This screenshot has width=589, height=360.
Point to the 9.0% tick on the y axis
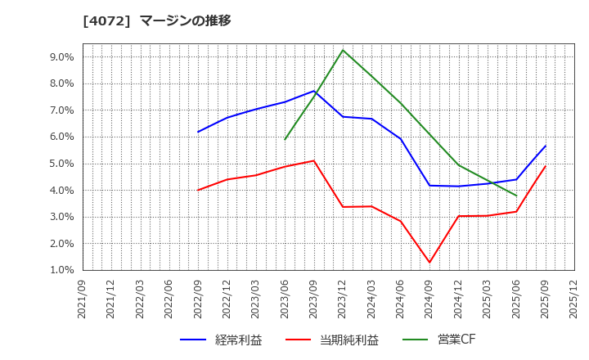pyautogui.click(x=62, y=57)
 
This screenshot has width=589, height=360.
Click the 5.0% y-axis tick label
pyautogui.click(x=62, y=164)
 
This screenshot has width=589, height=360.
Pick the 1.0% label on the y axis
pyautogui.click(x=62, y=270)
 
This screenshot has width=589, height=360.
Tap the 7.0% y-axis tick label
pyautogui.click(x=62, y=110)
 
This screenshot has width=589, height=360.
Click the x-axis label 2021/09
pyautogui.click(x=83, y=299)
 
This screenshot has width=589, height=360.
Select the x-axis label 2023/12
pyautogui.click(x=343, y=299)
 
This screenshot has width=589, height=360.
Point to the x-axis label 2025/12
pyautogui.click(x=574, y=299)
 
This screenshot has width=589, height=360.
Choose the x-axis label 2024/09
pyautogui.click(x=429, y=299)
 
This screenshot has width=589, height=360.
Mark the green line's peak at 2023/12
pyautogui.click(x=343, y=50)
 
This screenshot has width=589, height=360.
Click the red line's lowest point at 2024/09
pyautogui.click(x=429, y=263)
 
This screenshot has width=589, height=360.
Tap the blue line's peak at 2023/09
pyautogui.click(x=314, y=91)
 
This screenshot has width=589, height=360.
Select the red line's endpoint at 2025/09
pyautogui.click(x=546, y=166)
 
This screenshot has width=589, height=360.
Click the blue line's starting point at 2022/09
pyautogui.click(x=198, y=132)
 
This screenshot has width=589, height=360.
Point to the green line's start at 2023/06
pyautogui.click(x=285, y=139)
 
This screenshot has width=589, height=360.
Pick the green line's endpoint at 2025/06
pyautogui.click(x=516, y=196)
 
